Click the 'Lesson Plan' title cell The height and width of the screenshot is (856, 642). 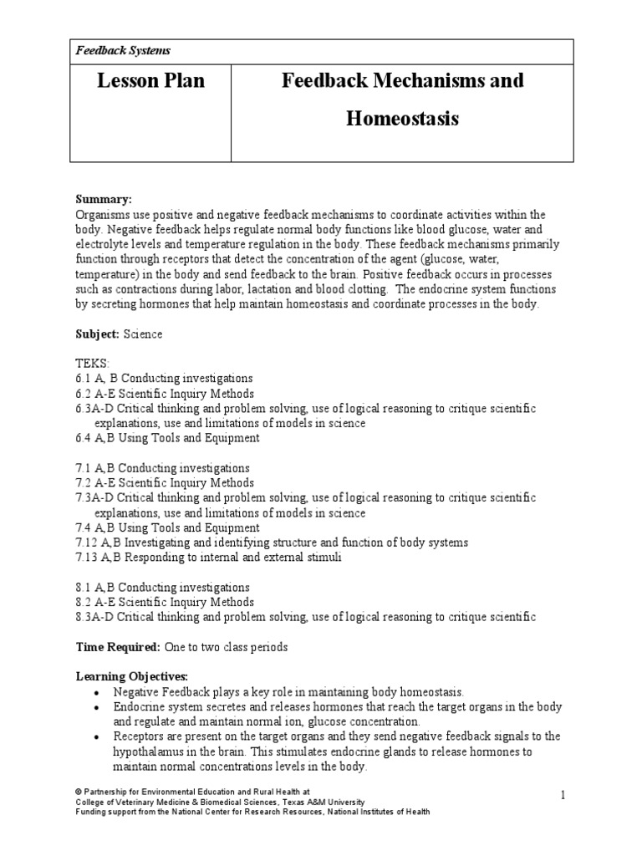[x=150, y=81]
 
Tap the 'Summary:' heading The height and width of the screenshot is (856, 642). [x=104, y=200]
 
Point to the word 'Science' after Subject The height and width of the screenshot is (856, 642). [x=143, y=334]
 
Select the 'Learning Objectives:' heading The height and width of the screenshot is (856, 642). [x=133, y=676]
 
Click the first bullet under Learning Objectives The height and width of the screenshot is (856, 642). [x=99, y=692]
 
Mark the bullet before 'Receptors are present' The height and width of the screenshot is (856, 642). [x=99, y=736]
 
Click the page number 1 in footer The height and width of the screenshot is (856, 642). [x=563, y=796]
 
